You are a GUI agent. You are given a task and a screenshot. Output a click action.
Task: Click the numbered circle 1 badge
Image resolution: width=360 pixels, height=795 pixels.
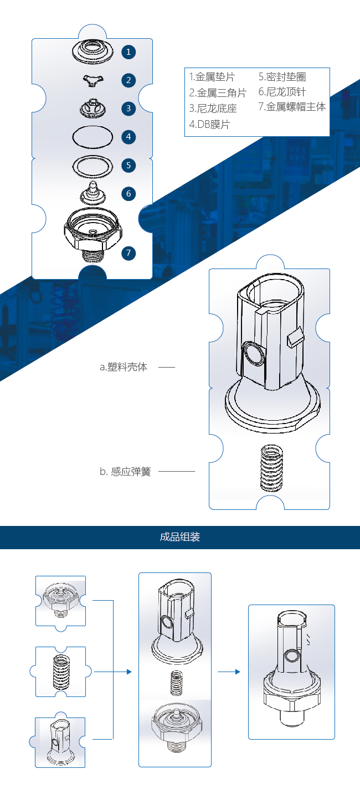point(128,52)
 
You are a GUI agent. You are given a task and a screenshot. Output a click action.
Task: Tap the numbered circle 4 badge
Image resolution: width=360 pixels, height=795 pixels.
point(128,137)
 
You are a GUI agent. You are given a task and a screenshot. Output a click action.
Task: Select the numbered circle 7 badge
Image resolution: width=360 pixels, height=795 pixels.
point(128,253)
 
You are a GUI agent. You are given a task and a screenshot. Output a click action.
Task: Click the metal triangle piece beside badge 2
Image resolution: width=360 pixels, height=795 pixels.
point(93,81)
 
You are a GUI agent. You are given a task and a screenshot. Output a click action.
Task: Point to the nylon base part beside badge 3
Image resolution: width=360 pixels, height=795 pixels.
point(92,109)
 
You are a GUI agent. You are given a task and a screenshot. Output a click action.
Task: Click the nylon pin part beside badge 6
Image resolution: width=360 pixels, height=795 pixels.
point(93,193)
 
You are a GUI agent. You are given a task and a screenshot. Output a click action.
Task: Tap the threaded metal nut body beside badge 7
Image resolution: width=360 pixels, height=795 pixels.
point(93,234)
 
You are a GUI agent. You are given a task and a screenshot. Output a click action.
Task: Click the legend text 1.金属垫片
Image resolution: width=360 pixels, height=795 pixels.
point(212,76)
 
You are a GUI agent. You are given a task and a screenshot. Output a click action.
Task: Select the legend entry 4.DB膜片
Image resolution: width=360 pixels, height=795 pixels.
point(209,124)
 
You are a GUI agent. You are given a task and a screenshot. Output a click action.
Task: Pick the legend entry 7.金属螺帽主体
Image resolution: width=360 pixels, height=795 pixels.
point(292,106)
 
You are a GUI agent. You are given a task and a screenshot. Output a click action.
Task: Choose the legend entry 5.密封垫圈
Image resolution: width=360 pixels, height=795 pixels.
point(282,76)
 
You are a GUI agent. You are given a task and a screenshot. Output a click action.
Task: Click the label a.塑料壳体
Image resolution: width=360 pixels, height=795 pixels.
point(124,367)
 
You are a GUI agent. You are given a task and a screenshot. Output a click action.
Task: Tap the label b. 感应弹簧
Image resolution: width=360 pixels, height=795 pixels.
point(125,472)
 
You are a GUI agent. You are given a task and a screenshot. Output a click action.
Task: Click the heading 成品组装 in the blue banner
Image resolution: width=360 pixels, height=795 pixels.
point(180,536)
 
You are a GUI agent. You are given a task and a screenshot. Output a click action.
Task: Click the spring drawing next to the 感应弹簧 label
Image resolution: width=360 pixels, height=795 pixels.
point(272,468)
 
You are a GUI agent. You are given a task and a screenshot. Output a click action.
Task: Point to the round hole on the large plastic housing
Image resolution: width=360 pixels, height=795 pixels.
point(254,354)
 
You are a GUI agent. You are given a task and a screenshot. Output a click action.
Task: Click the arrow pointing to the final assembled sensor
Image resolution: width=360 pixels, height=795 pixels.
point(229,672)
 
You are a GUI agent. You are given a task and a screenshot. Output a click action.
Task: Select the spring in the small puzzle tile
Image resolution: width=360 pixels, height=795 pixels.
point(61,672)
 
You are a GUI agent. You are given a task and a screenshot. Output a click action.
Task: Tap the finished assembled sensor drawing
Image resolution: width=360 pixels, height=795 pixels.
point(292,669)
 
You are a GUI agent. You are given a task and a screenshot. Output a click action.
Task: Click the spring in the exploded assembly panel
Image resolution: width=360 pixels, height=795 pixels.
point(177,683)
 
